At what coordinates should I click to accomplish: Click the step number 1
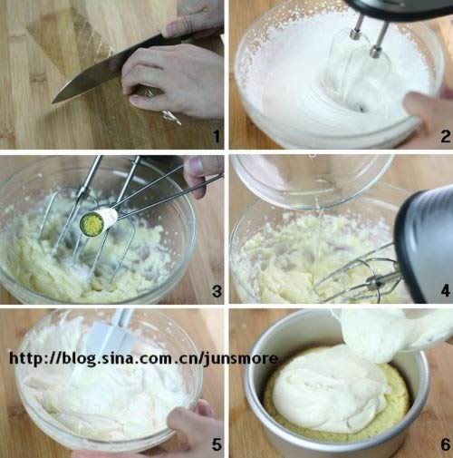click(217, 136)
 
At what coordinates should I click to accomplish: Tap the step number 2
click(445, 136)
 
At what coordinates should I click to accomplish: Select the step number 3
click(217, 291)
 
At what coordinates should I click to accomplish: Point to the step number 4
click(445, 291)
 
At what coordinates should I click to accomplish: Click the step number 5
click(217, 444)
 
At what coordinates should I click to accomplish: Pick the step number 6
click(445, 444)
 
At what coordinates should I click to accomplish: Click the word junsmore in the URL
click(240, 359)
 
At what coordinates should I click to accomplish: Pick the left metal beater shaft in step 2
click(359, 25)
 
